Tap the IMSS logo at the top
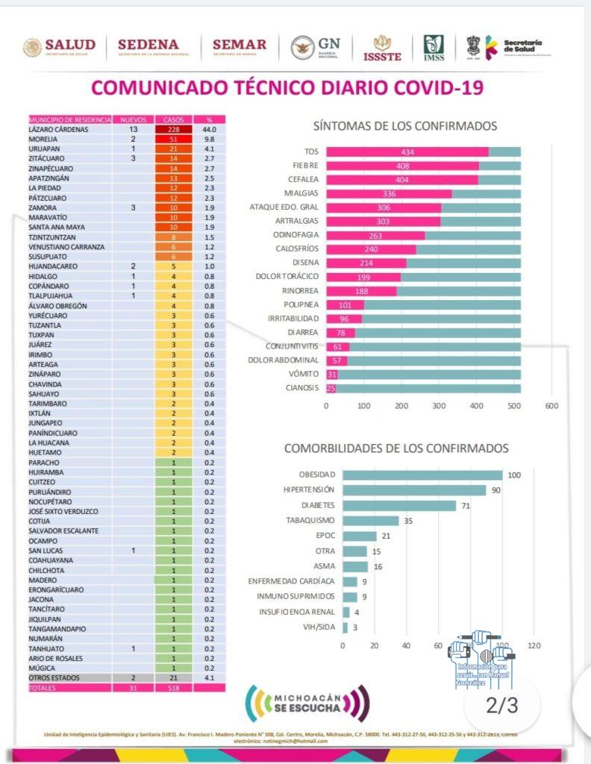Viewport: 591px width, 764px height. pyautogui.click(x=434, y=48)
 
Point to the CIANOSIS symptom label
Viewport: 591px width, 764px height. pyautogui.click(x=302, y=387)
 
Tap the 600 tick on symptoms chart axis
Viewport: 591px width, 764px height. pyautogui.click(x=551, y=405)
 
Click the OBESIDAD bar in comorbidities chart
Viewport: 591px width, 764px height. pyautogui.click(x=422, y=475)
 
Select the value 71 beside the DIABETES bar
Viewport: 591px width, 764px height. pyautogui.click(x=465, y=505)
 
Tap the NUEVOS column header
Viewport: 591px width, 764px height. pyautogui.click(x=133, y=119)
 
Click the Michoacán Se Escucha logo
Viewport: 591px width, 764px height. pyautogui.click(x=307, y=702)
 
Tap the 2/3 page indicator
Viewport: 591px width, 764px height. pyautogui.click(x=501, y=704)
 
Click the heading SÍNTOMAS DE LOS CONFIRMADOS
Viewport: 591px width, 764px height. pyautogui.click(x=405, y=126)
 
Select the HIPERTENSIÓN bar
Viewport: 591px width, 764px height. pyautogui.click(x=414, y=490)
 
